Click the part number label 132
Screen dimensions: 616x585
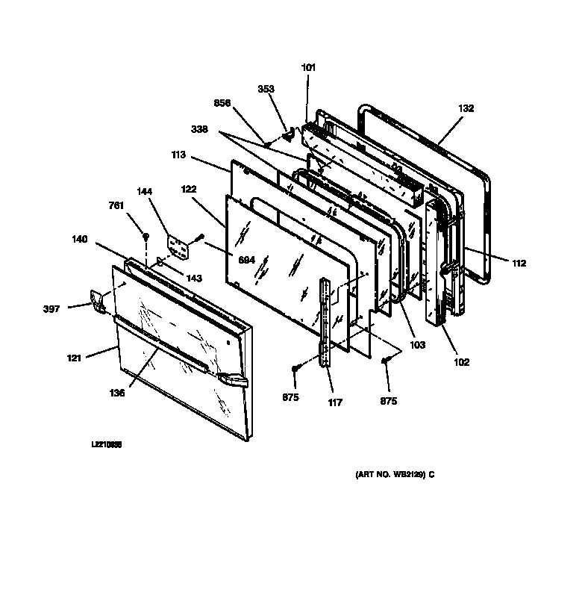(x=466, y=108)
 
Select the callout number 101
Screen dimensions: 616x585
(x=309, y=68)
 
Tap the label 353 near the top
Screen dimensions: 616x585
(x=266, y=89)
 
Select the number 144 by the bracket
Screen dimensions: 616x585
(x=145, y=191)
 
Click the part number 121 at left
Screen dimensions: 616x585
(x=73, y=358)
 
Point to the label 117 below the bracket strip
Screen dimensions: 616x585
(x=335, y=402)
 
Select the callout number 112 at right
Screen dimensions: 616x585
(x=519, y=263)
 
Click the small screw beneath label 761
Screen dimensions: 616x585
(x=146, y=237)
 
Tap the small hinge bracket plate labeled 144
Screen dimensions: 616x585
(x=178, y=247)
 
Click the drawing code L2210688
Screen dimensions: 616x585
(x=106, y=444)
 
